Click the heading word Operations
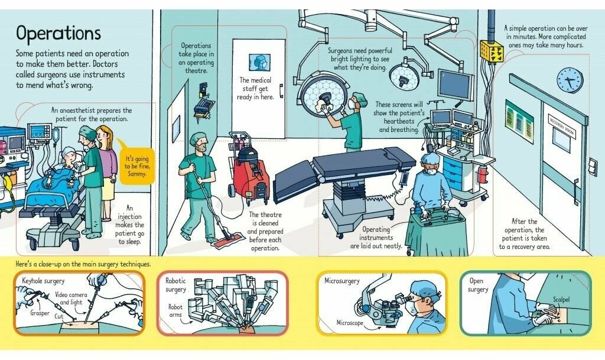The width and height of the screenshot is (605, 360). [58, 33]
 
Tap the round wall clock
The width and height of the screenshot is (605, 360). [570, 80]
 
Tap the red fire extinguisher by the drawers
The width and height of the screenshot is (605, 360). [482, 174]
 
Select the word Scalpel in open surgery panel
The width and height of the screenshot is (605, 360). [562, 300]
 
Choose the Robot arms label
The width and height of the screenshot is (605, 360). [175, 312]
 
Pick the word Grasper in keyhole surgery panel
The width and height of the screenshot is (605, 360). [40, 313]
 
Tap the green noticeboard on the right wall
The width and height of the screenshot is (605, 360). [519, 121]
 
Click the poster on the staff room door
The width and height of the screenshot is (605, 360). [259, 62]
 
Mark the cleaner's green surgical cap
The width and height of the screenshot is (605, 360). [199, 138]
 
